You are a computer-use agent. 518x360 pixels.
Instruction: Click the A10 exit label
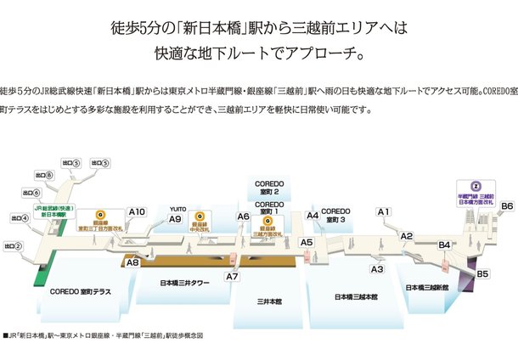pyautogui.click(x=138, y=211)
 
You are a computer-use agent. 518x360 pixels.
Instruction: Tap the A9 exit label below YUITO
pyautogui.click(x=176, y=219)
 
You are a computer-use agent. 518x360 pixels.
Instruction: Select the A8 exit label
pyautogui.click(x=132, y=263)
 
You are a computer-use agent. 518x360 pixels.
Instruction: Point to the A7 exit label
pyautogui.click(x=233, y=276)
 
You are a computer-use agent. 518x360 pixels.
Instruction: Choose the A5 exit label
pyautogui.click(x=307, y=243)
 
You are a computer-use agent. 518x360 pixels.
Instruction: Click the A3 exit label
pyautogui.click(x=378, y=269)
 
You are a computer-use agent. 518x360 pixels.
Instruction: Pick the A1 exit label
pyautogui.click(x=383, y=211)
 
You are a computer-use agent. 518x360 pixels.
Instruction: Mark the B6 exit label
pyautogui.click(x=507, y=206)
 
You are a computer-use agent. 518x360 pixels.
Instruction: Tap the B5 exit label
pyautogui.click(x=482, y=273)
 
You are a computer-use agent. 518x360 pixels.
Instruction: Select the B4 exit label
pyautogui.click(x=444, y=245)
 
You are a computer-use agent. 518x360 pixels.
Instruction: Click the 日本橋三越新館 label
pyautogui.click(x=427, y=287)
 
